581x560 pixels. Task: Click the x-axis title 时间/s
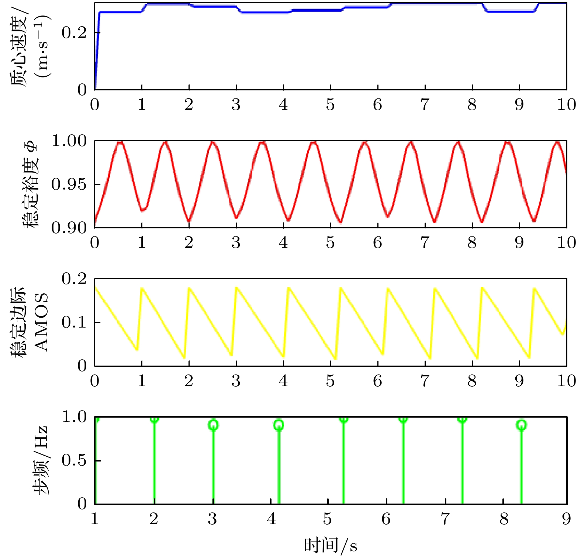331,546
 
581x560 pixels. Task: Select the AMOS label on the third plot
41,322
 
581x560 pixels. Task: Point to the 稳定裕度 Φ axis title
31,184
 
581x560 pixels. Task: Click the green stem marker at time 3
213,425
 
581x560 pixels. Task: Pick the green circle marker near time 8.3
521,425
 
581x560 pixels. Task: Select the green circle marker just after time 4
279,425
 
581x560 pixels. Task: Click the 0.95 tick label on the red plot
69,184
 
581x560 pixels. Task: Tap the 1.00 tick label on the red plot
69,141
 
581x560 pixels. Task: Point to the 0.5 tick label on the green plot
74,460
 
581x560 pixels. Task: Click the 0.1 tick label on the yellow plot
74,322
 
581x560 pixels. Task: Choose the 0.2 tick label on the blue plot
74,33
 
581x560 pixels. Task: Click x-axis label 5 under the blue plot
330,105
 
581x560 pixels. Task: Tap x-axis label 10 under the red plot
566,243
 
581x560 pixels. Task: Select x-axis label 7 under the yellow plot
425,381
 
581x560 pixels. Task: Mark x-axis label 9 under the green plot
566,519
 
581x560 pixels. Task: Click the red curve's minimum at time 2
189,221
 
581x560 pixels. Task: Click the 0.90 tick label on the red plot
69,228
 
